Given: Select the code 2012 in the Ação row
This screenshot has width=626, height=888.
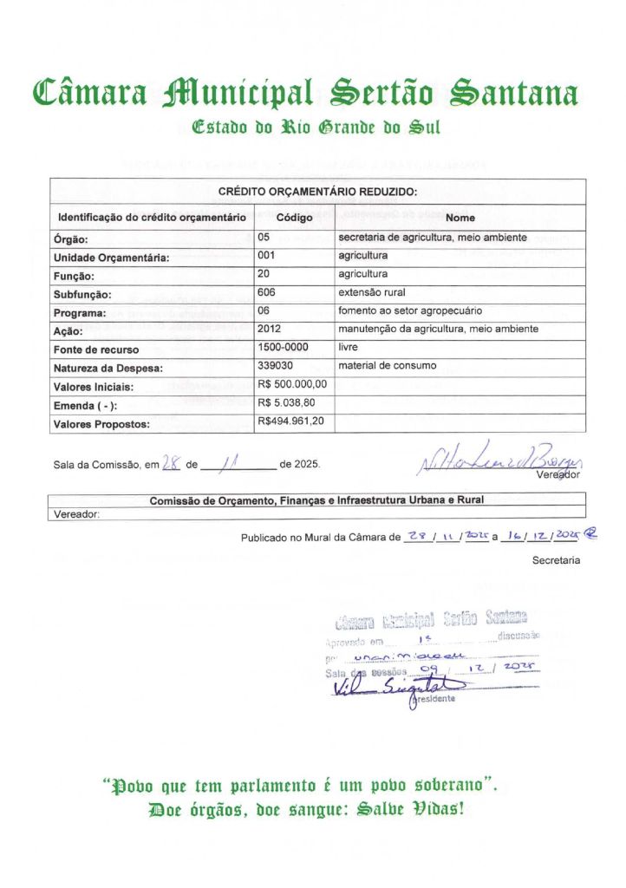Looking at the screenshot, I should click(x=270, y=329).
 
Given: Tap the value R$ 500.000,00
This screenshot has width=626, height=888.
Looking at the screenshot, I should click(x=292, y=383).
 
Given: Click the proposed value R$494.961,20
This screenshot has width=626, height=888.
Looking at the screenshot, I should click(x=291, y=421).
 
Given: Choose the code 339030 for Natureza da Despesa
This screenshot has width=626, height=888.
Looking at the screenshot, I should click(x=275, y=365).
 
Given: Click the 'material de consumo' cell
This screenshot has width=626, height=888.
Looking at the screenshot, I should click(x=388, y=365).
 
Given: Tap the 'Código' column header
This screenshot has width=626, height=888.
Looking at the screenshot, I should click(x=294, y=218).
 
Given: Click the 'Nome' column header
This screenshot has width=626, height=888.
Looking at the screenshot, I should click(x=460, y=218).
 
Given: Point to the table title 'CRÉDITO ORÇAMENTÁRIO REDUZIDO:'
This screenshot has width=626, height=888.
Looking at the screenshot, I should click(x=317, y=192).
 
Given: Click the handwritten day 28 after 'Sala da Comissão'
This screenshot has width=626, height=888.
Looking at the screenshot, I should click(x=171, y=464).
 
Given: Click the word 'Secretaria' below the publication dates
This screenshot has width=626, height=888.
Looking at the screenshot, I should click(x=556, y=561).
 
